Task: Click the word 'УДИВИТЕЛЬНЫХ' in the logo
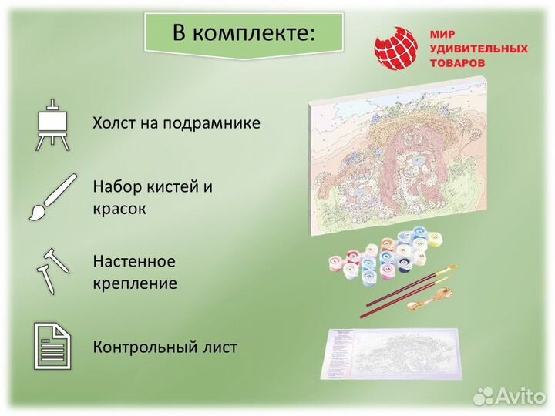(479, 49)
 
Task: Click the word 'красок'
(119, 208)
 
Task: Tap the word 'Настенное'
(134, 262)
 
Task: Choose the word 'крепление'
(135, 283)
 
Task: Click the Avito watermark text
(520, 395)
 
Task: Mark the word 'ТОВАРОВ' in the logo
(458, 62)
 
